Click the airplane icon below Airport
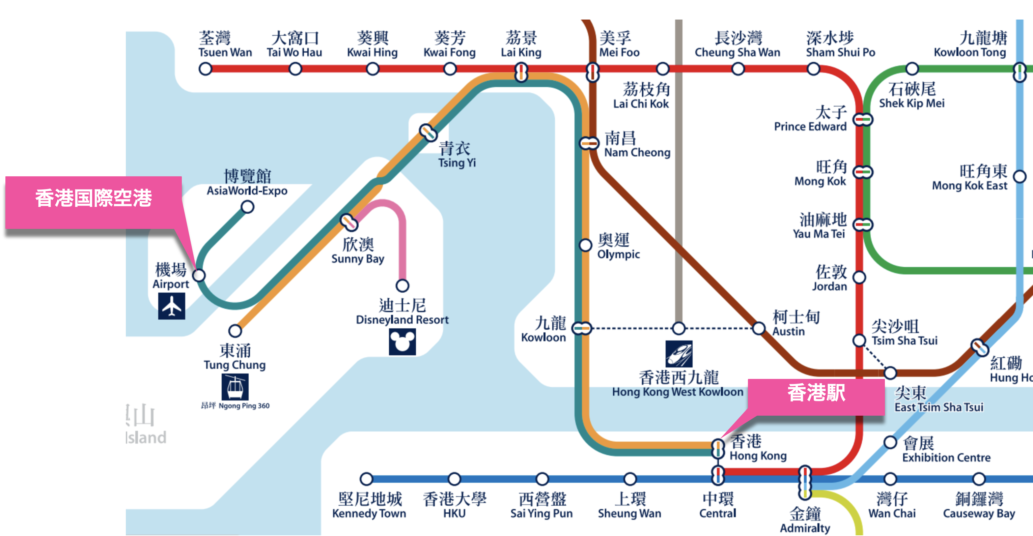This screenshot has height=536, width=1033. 172,306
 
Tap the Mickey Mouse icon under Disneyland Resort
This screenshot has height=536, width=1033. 402,342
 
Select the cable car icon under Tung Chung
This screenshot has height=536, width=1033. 235,387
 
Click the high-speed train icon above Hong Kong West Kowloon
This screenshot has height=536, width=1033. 679,354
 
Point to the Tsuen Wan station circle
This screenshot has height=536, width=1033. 205,69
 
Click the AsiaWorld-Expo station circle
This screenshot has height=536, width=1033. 247,207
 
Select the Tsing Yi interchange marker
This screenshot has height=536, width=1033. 428,132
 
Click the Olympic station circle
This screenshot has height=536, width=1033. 585,245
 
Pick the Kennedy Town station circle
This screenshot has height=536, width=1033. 366,479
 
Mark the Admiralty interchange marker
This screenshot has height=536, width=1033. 805,482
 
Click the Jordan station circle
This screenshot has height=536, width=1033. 859,277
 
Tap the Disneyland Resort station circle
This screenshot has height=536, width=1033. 402,286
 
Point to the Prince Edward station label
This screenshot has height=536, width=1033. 810,119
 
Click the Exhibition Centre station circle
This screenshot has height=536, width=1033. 890,442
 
